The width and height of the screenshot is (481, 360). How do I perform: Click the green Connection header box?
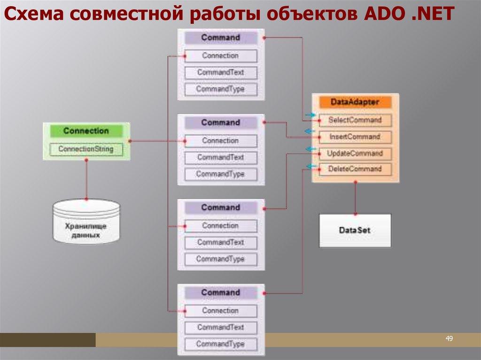click(x=86, y=131)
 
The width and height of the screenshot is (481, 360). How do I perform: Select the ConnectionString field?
click(x=86, y=149)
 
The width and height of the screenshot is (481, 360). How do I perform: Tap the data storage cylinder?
click(x=86, y=221)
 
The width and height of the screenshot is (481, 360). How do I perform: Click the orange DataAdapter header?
click(x=355, y=102)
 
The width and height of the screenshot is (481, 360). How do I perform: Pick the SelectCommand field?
click(x=355, y=120)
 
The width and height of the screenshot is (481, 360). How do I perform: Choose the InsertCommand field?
click(x=355, y=137)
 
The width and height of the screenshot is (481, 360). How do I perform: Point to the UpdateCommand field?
click(x=355, y=153)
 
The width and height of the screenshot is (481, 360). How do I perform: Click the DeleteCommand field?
click(x=355, y=169)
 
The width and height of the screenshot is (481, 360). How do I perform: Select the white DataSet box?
click(x=355, y=230)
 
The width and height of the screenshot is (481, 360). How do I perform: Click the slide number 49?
click(x=449, y=339)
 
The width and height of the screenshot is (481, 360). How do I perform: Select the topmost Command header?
click(x=221, y=38)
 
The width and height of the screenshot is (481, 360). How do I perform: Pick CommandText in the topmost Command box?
click(x=221, y=73)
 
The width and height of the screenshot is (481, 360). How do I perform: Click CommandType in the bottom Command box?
click(x=221, y=344)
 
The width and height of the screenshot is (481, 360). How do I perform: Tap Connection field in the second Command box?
click(x=221, y=141)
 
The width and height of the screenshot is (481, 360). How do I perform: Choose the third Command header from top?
click(x=221, y=207)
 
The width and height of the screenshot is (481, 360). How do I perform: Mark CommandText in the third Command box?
click(x=221, y=243)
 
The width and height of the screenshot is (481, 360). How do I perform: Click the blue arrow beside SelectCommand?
click(x=310, y=115)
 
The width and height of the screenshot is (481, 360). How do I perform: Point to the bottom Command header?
click(x=221, y=292)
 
